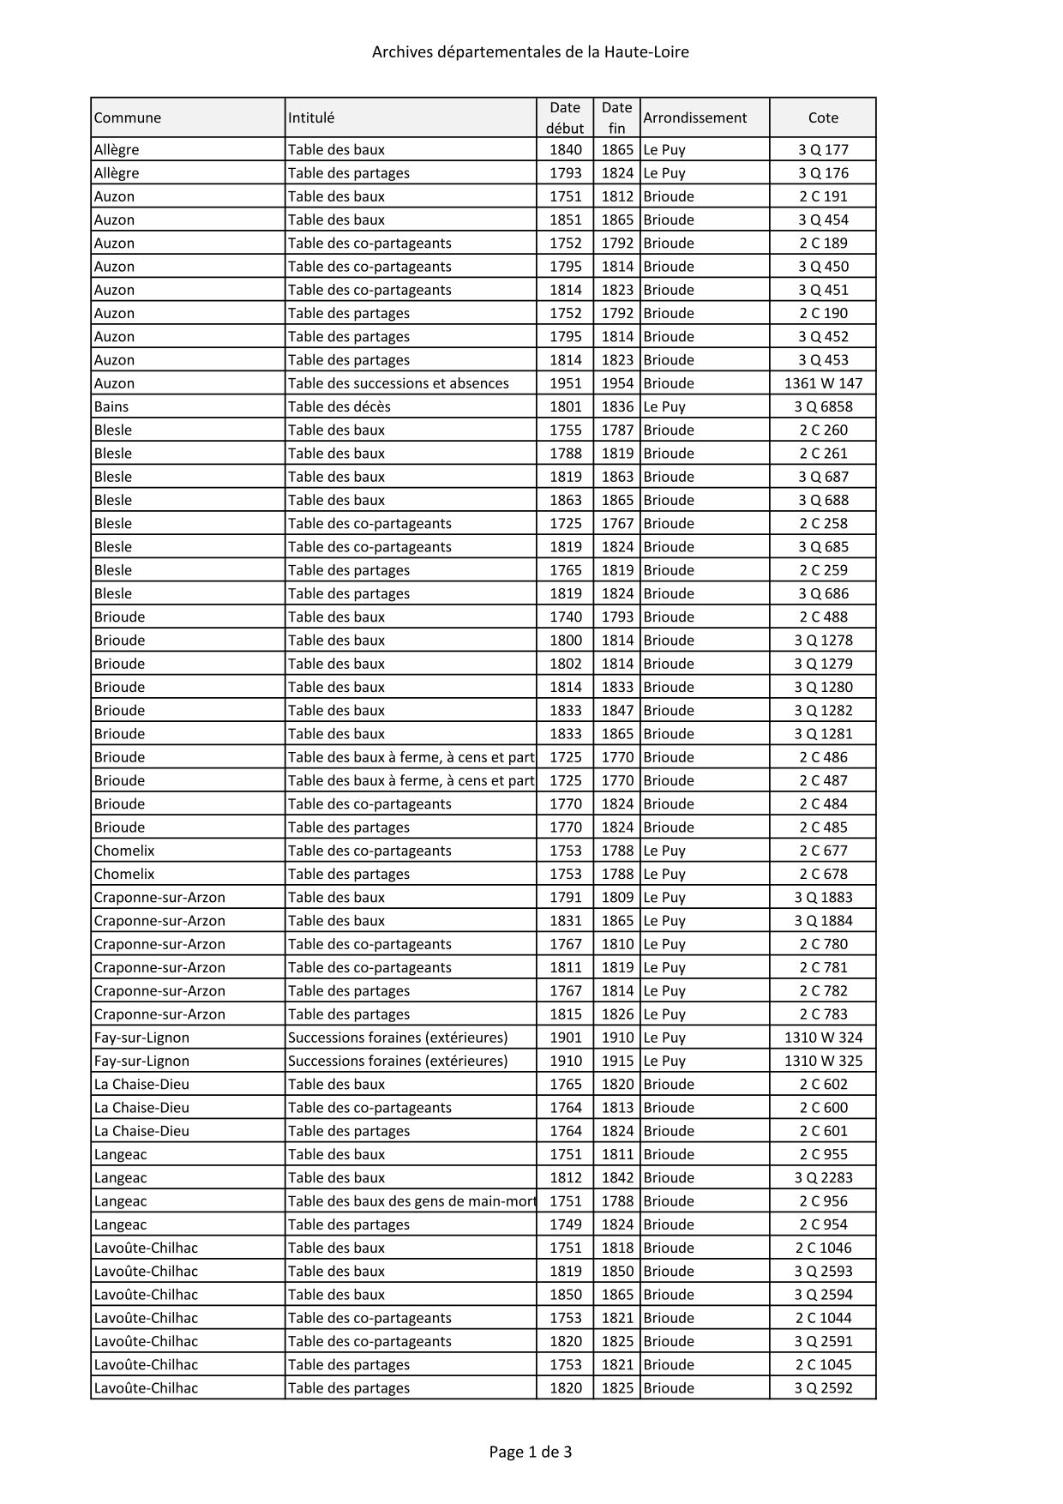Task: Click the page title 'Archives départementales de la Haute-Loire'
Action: tap(530, 52)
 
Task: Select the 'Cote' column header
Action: tap(823, 117)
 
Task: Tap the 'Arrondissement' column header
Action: tap(694, 117)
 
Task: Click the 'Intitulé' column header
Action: tap(311, 117)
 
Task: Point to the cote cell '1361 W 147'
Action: tap(823, 383)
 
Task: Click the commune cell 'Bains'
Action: tap(111, 406)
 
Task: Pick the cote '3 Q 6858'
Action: tap(823, 406)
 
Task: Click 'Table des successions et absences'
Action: tap(398, 383)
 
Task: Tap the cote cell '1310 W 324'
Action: tap(823, 1038)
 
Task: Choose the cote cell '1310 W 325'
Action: tap(823, 1061)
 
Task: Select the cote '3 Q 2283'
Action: tap(823, 1178)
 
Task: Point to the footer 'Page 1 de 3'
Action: tap(530, 1452)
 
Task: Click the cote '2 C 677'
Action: tap(823, 851)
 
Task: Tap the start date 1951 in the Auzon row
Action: tap(565, 383)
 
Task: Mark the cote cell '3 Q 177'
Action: tap(823, 149)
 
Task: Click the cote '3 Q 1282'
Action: tap(823, 710)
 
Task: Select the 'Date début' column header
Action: tap(565, 117)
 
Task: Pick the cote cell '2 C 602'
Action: tap(823, 1084)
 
